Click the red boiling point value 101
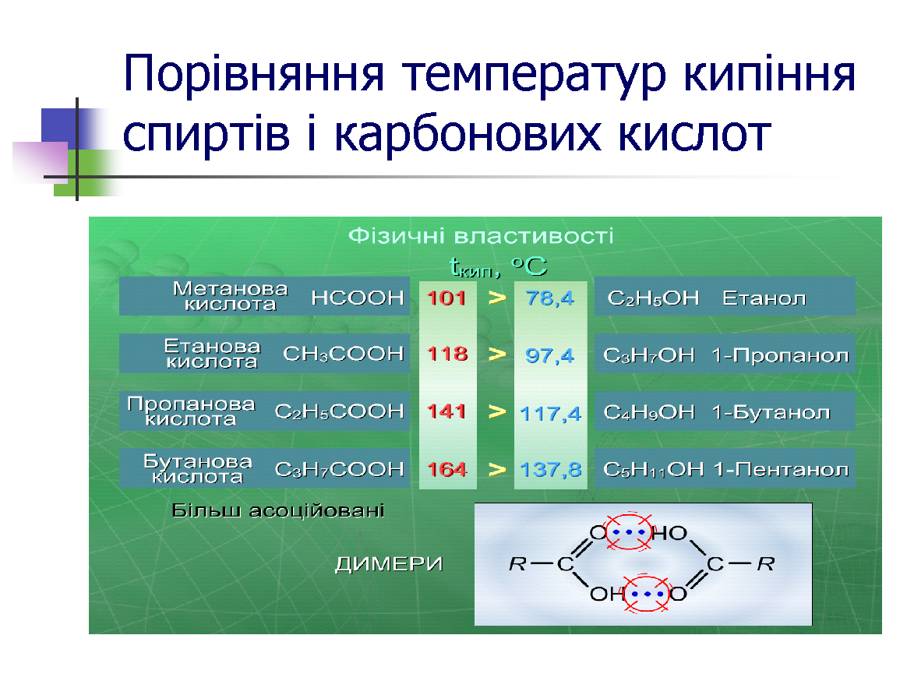point(446,298)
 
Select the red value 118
point(447,354)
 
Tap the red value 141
point(446,411)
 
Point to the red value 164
point(447,469)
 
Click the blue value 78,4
point(550,298)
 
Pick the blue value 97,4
point(550,356)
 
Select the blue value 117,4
point(550,413)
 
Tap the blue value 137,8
point(550,470)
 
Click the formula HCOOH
point(358,298)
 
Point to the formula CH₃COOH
point(343,354)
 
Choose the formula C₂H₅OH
point(653,298)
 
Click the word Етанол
point(764,298)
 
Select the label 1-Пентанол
point(782,470)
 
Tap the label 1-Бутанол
point(771,412)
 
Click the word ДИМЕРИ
point(389,564)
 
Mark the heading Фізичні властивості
point(481,236)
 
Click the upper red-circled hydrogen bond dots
point(630,531)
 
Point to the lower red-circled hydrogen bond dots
point(646,594)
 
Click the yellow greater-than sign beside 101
point(497,298)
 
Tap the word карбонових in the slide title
point(468,135)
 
